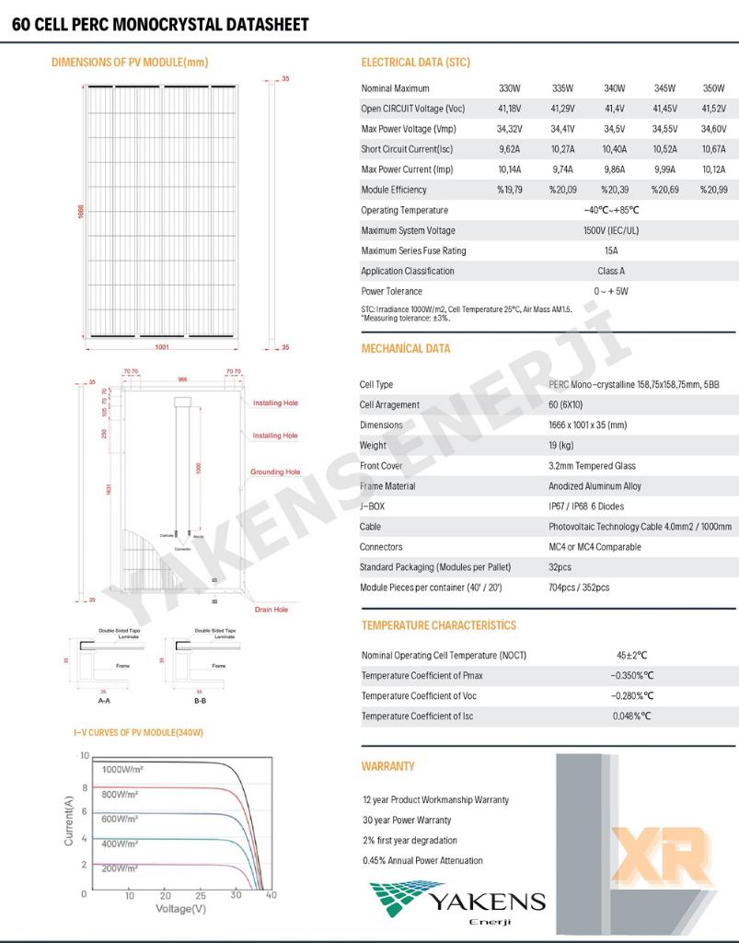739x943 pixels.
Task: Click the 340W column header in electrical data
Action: tap(614, 88)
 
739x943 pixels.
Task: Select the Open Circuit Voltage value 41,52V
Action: tap(713, 109)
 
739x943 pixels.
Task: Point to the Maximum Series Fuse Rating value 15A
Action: tap(611, 250)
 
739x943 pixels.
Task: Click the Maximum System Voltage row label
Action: tap(408, 230)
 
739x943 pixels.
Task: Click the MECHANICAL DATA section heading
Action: tap(406, 349)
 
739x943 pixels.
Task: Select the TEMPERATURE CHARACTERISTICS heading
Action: tap(438, 625)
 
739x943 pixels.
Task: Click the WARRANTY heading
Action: tap(387, 766)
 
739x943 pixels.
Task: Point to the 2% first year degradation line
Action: tap(410, 841)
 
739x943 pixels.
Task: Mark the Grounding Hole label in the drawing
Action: tap(275, 472)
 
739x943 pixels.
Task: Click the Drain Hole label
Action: tap(271, 610)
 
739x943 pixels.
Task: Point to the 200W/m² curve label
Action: tap(120, 868)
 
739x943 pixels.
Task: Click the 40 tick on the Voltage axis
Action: tap(271, 895)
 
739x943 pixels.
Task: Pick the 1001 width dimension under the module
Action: tap(162, 347)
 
